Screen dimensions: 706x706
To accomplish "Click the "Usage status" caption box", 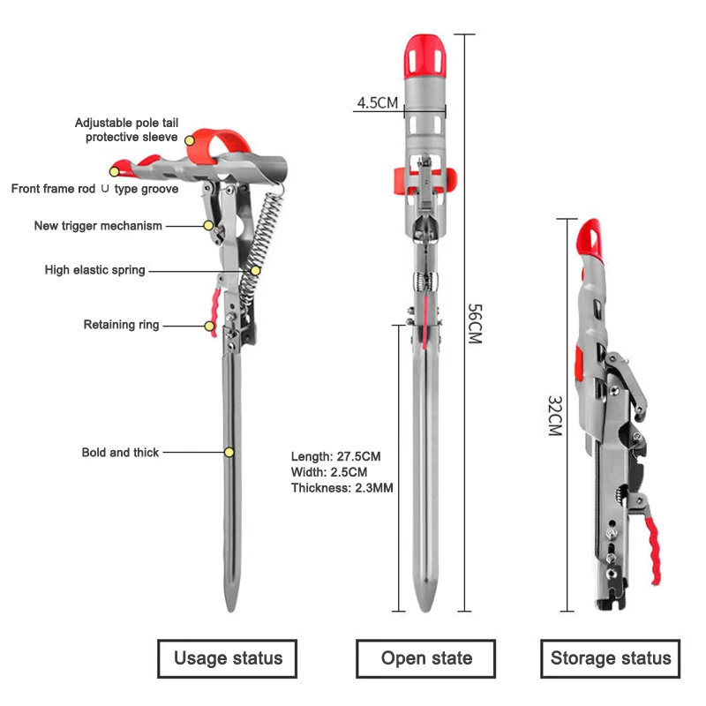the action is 228,658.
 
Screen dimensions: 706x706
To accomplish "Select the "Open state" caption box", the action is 426,658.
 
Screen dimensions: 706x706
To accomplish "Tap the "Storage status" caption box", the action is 611,658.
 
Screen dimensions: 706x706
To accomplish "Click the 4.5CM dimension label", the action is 377,102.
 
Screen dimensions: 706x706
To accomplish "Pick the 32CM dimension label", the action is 554,415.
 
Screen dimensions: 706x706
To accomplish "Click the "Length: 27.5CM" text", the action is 335,456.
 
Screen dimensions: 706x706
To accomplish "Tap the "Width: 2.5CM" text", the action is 329,472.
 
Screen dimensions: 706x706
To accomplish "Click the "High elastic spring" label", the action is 95,270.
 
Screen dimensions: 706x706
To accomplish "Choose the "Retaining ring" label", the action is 122,325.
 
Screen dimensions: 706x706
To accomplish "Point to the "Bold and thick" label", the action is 121,453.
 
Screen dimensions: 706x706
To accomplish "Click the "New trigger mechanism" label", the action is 98,226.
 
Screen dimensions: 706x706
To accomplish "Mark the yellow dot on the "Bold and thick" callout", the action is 229,453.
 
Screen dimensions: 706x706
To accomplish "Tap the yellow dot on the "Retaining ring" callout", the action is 210,326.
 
